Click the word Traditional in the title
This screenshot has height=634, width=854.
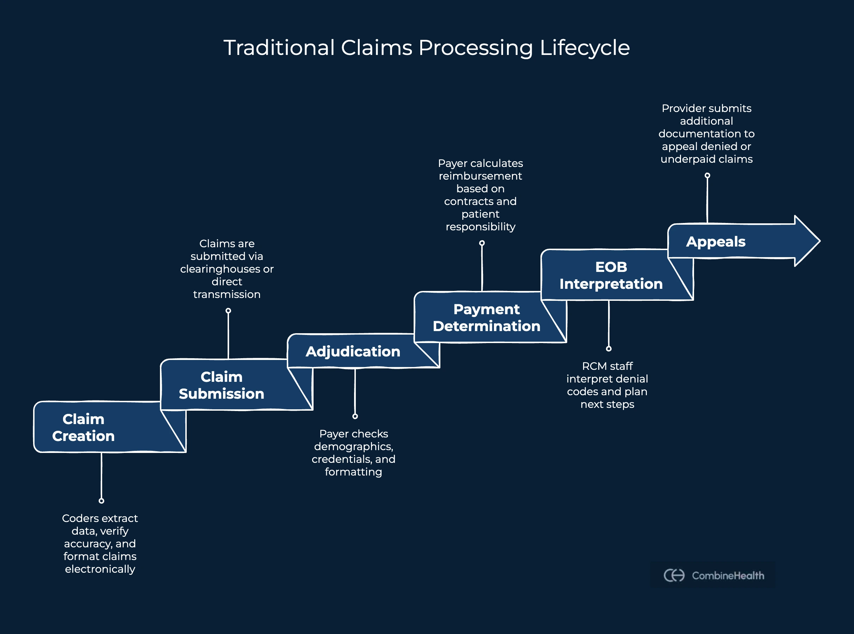coord(279,48)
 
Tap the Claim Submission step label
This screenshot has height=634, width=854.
coord(222,385)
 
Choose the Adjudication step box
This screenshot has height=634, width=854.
coord(352,351)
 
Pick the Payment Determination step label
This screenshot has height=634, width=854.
coord(486,317)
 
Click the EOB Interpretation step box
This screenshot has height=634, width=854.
coord(611,275)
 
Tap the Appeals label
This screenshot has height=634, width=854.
coord(716,241)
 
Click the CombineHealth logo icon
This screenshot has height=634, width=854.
coord(674,575)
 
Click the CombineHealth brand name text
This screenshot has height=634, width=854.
coord(728,575)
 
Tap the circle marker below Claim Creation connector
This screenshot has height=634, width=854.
coord(101,501)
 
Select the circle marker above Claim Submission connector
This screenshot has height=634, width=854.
coord(228,310)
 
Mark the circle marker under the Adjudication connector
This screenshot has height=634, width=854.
coord(355,416)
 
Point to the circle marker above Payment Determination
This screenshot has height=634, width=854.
coord(482,243)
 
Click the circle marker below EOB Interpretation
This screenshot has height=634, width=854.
coord(608,348)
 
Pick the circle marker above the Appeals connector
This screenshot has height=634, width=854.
coord(707,175)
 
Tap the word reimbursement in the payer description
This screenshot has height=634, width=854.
coord(480,176)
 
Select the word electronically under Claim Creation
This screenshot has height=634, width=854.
coord(100,569)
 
